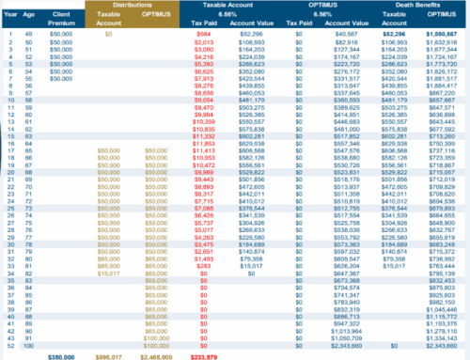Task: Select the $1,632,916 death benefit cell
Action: [x=443, y=44]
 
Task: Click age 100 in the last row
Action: [x=27, y=344]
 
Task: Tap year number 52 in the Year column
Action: [x=8, y=344]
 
